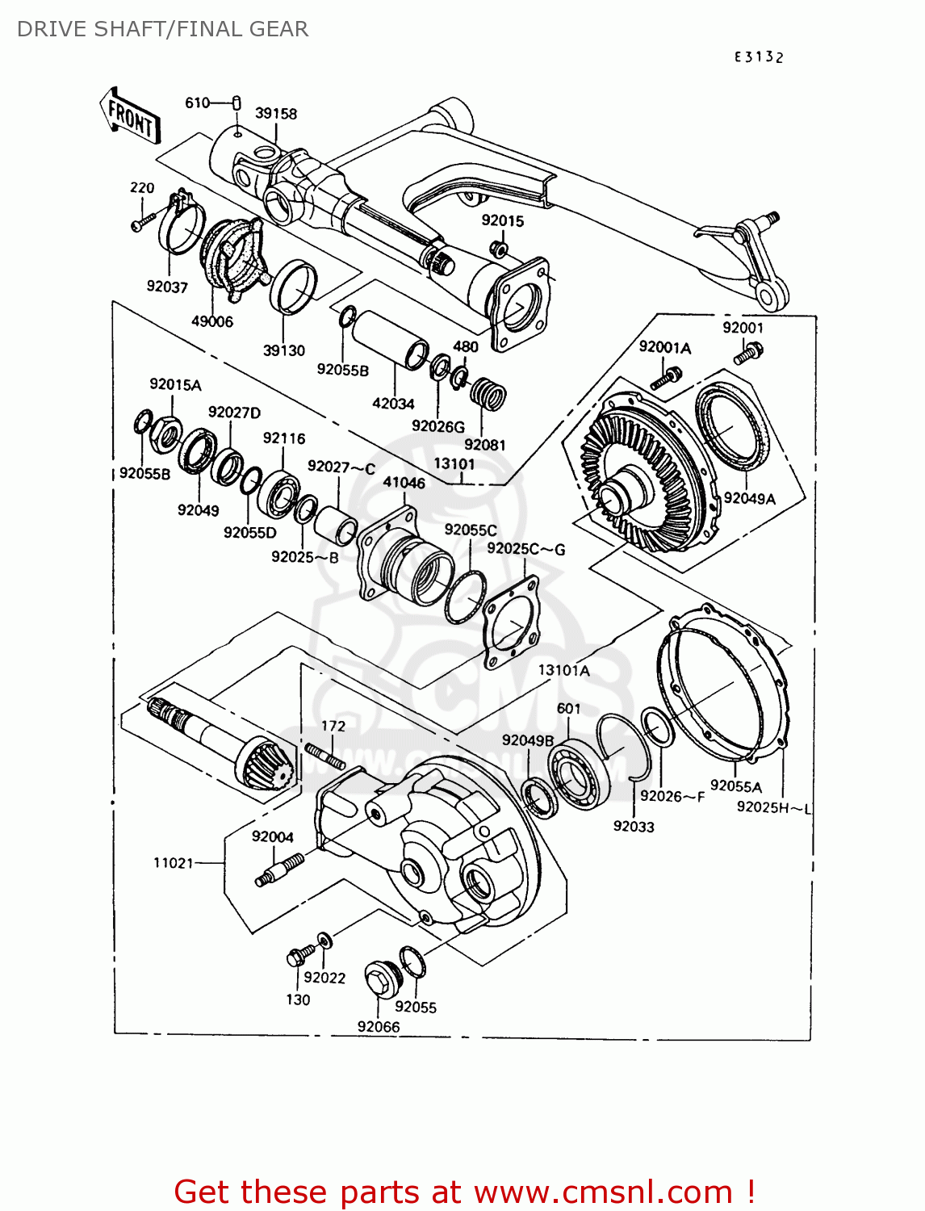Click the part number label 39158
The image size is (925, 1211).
tap(276, 114)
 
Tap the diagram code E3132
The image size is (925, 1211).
tap(759, 57)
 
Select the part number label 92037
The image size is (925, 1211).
tap(167, 287)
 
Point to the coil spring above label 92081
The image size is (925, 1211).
tap(488, 396)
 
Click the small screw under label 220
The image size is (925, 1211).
tap(142, 222)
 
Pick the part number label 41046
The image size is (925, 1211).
tap(404, 482)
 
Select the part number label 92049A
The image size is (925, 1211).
tap(749, 499)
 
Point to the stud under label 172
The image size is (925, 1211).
tap(324, 756)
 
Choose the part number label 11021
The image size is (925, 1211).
tap(174, 863)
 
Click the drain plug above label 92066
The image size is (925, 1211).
tap(378, 979)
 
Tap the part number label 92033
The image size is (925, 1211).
tap(634, 826)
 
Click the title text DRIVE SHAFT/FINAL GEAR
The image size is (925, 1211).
tap(162, 29)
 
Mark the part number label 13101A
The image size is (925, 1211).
tap(563, 670)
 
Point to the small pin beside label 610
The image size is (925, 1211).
tap(237, 102)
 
